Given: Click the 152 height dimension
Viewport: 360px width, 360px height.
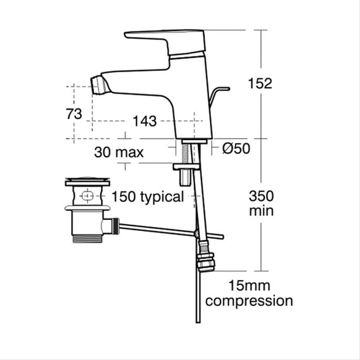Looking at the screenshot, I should pos(260,83).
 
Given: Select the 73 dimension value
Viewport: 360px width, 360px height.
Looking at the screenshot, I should pos(74,114).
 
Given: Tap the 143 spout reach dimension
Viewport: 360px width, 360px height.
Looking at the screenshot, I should pos(145,121).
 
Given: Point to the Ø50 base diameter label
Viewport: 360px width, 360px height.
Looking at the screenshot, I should pos(236,149).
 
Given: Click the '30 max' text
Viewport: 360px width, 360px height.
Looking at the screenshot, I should pos(119,152).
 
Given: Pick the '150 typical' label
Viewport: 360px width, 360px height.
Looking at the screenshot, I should pos(148,196).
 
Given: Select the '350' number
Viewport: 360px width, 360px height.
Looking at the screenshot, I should pos(262,196).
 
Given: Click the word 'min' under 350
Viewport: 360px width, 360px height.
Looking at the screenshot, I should pos(261,211).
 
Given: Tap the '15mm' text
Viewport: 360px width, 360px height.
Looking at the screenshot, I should pos(249,285).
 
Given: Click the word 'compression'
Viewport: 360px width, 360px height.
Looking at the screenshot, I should pos(249,301).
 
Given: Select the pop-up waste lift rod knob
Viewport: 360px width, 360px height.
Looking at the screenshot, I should pos(222,89).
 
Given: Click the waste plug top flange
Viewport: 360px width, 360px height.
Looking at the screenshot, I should pos(87,182).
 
